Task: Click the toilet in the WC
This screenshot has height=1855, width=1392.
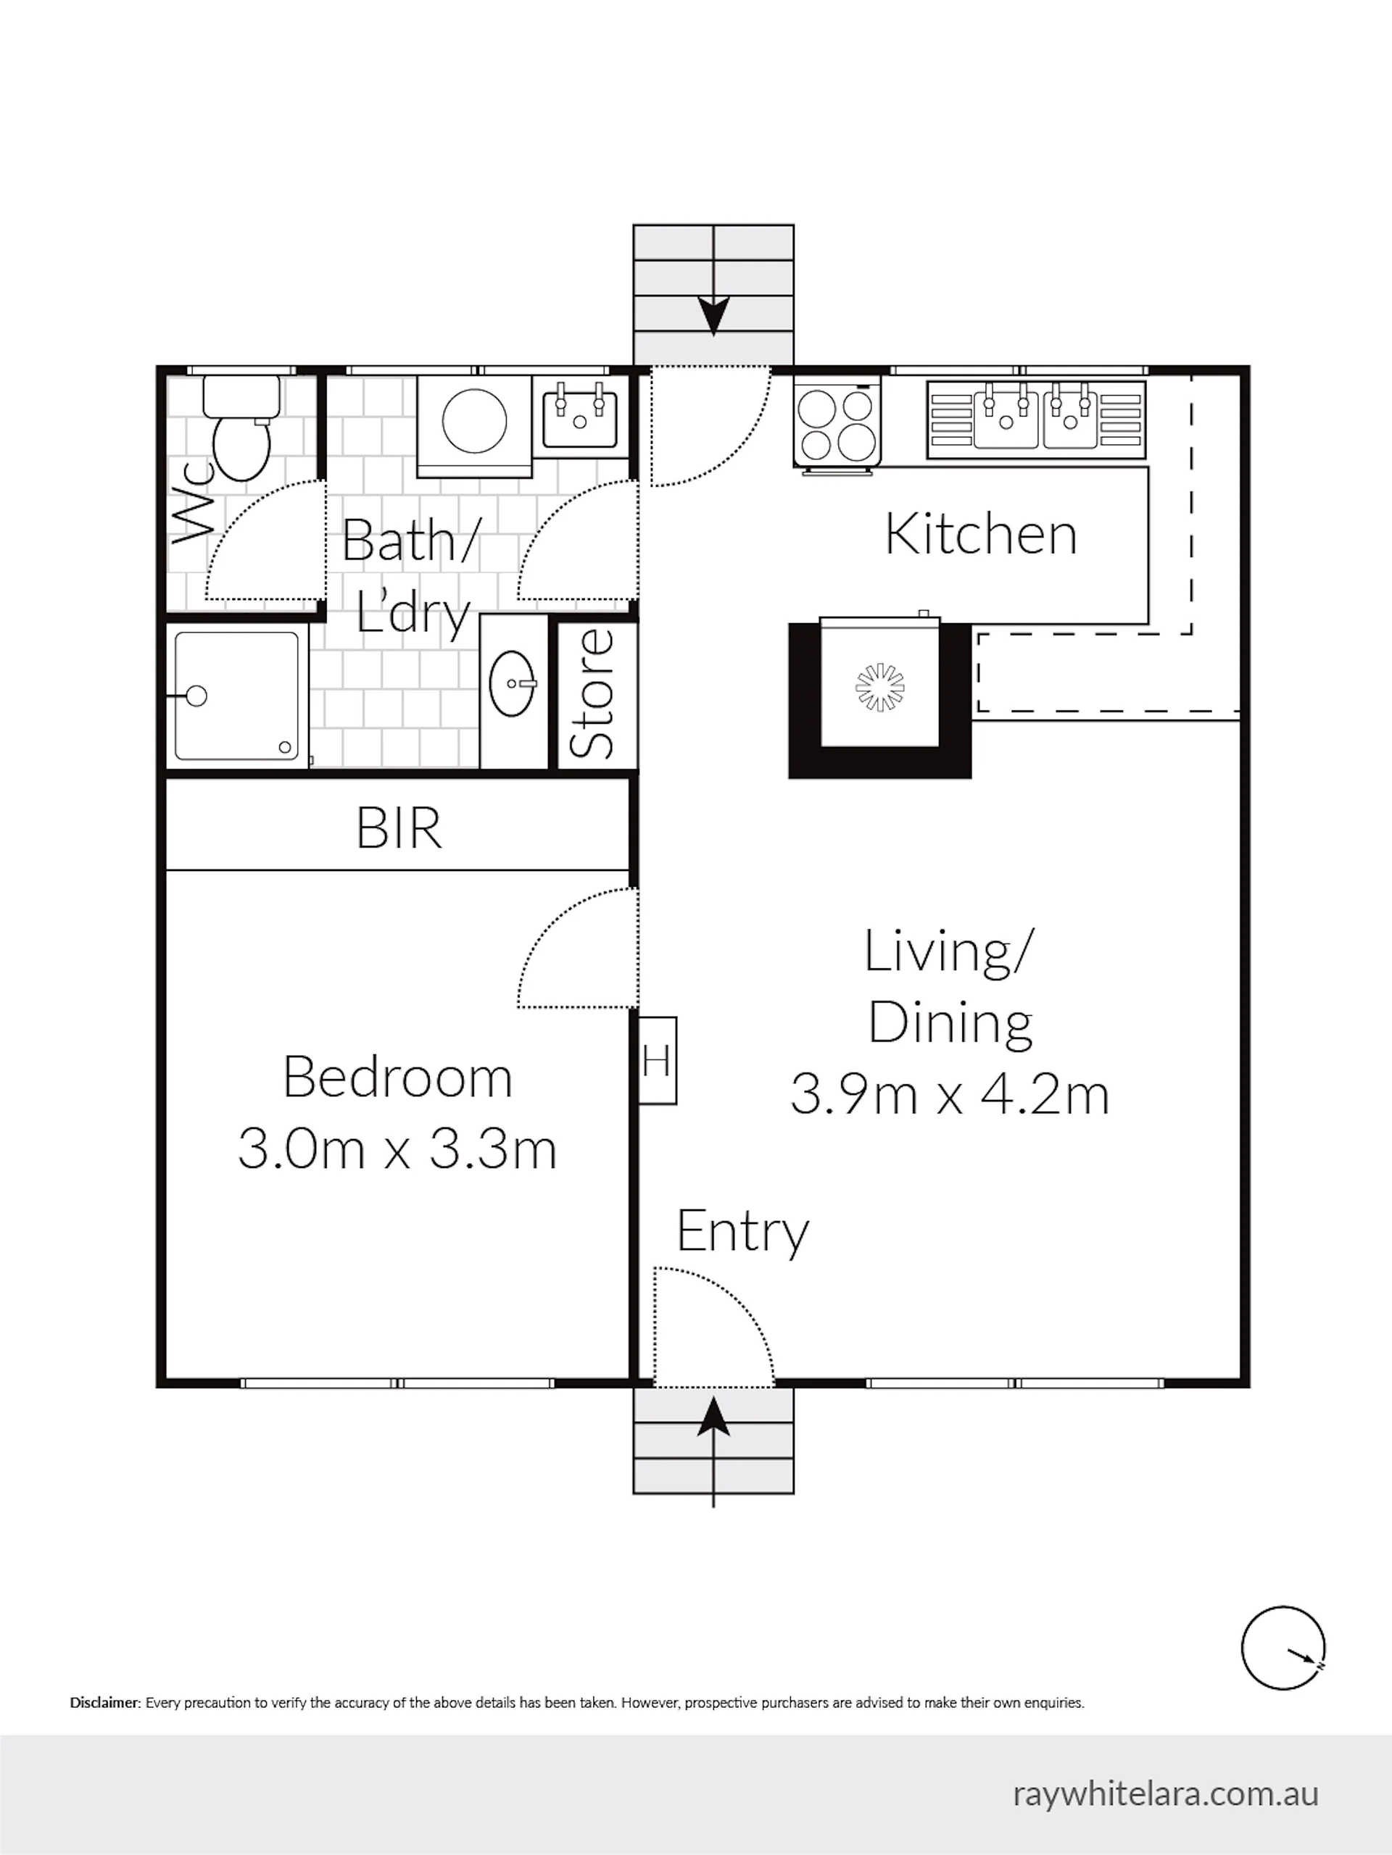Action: click(241, 428)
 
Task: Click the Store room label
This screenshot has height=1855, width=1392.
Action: click(592, 694)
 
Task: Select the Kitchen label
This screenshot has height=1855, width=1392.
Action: click(981, 534)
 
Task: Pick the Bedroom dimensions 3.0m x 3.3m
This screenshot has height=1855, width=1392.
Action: click(397, 1149)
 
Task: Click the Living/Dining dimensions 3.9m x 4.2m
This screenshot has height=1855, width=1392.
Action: click(950, 1094)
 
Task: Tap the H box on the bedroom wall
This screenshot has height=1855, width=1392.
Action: click(658, 1061)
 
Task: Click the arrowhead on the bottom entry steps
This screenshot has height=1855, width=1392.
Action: click(713, 1418)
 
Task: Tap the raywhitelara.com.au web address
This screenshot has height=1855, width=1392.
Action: click(1167, 1795)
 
